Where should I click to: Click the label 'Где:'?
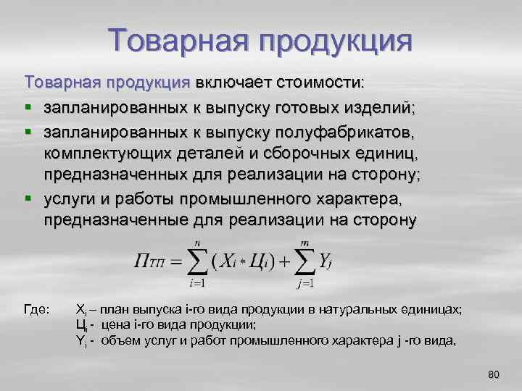(37, 309)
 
